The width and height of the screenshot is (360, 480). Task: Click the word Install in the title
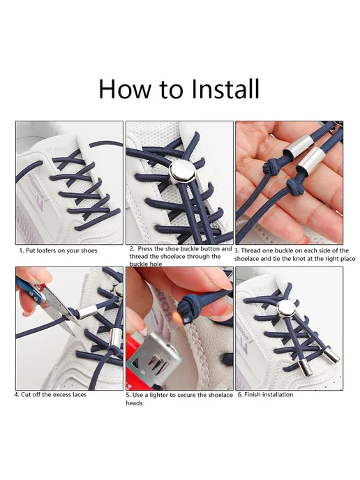225,89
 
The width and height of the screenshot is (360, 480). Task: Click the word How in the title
125,89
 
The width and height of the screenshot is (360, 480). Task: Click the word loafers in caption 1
47,250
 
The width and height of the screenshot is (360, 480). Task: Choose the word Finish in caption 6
253,395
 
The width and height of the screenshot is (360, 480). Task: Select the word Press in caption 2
144,249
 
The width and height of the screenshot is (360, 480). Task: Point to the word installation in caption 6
278,395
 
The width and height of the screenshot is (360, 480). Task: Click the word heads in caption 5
134,403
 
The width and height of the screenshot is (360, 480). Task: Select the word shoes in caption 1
89,250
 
